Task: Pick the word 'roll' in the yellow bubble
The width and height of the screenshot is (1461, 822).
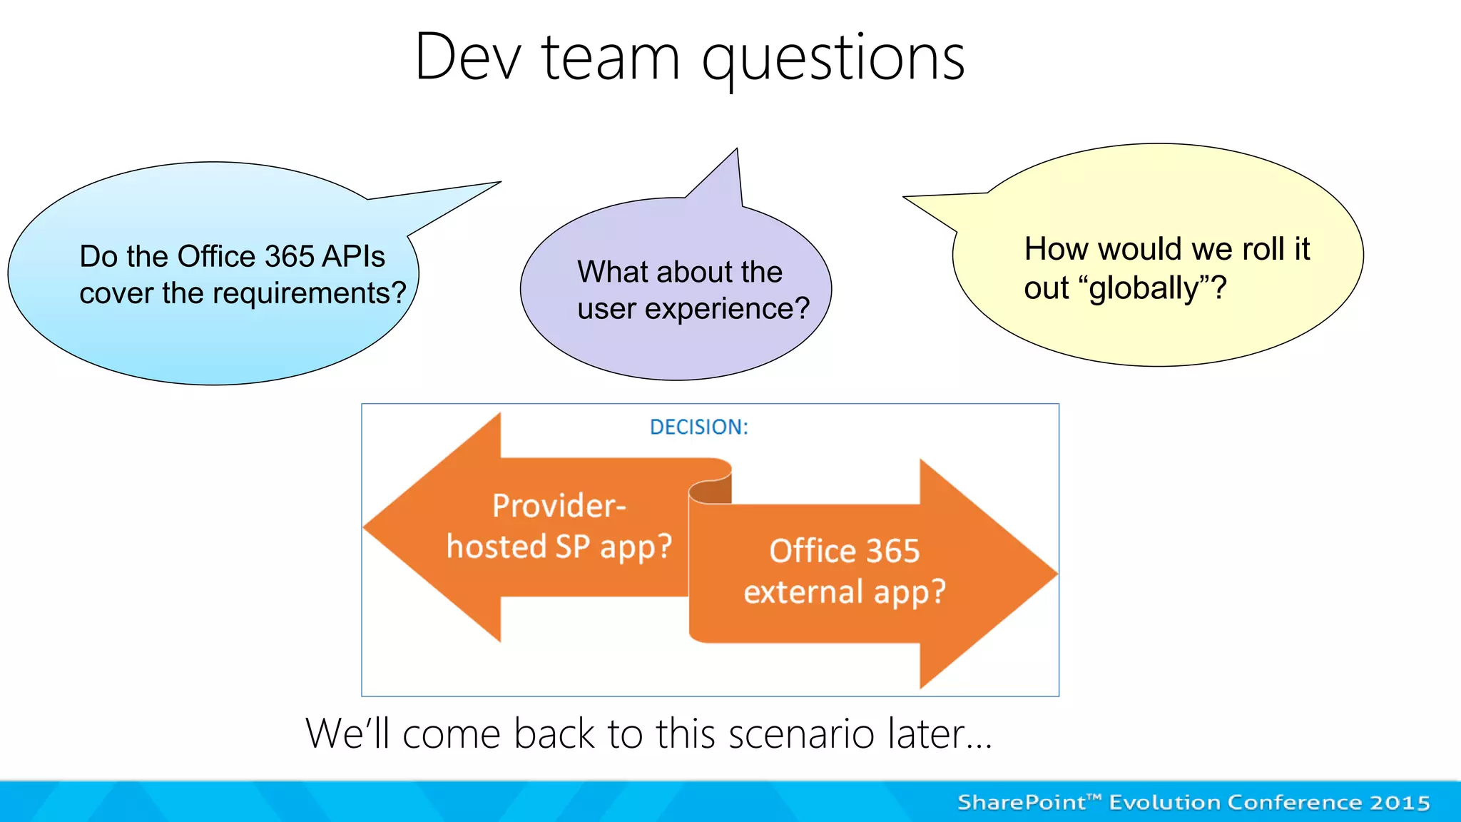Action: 1266,249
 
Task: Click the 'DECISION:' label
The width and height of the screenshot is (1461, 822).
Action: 698,427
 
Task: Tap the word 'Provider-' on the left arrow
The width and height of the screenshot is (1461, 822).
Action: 559,505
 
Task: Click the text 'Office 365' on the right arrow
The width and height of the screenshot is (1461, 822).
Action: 844,551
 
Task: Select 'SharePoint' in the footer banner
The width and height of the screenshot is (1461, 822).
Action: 1020,803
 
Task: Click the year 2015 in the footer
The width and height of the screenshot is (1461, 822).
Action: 1400,803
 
